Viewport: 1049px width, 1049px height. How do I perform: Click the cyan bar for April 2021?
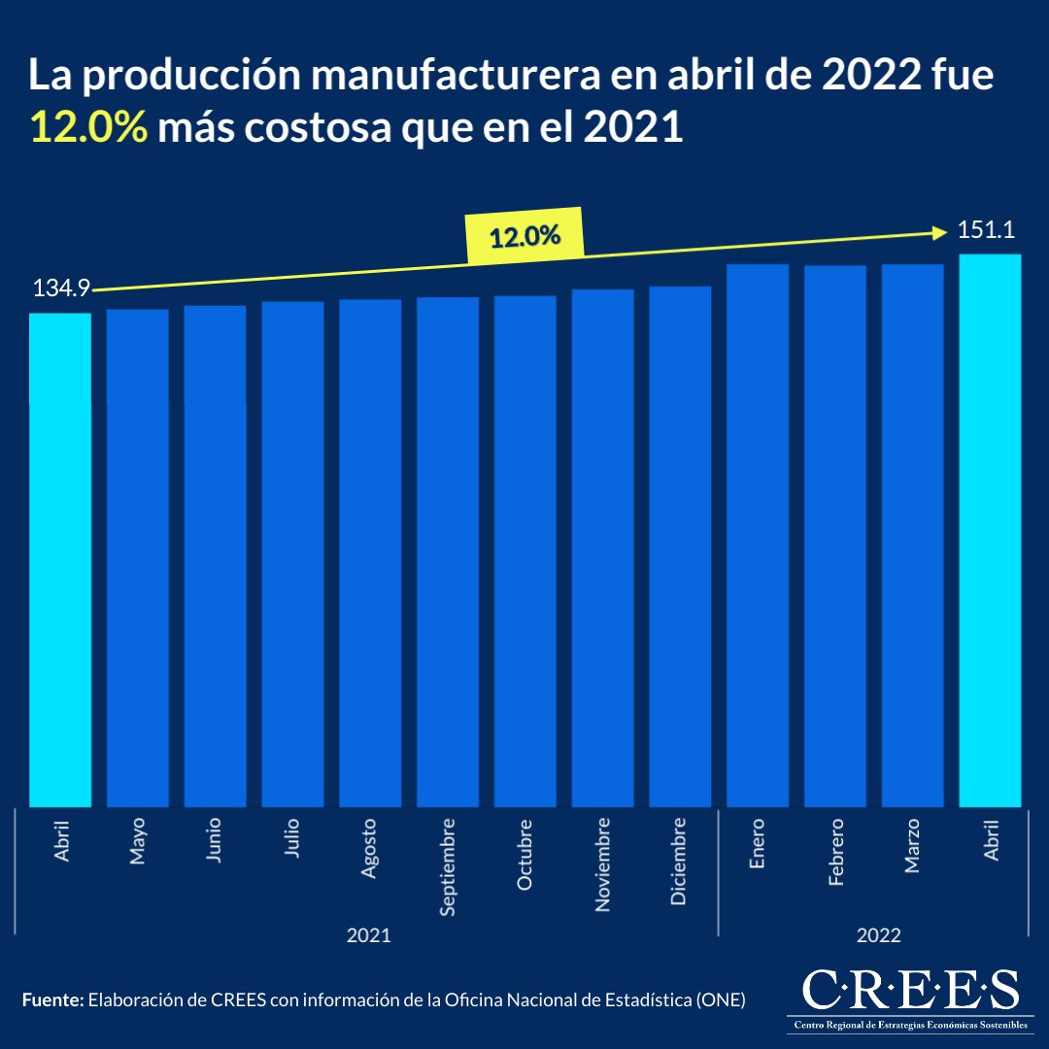[x=60, y=558]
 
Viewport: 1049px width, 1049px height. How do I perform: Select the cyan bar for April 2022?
[x=990, y=529]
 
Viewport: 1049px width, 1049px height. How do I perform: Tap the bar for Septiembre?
[x=448, y=551]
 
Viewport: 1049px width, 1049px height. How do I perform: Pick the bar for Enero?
[x=758, y=534]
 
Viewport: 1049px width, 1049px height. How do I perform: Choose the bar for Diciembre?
[x=680, y=546]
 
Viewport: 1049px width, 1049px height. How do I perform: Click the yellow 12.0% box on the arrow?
[x=524, y=237]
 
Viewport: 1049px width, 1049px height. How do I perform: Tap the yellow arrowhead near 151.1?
[x=939, y=231]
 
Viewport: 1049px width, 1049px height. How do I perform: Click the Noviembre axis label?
[x=602, y=864]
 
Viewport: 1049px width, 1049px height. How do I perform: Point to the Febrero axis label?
[x=835, y=852]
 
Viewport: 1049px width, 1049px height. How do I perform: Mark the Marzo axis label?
[x=912, y=846]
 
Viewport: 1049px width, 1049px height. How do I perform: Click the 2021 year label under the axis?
[x=369, y=936]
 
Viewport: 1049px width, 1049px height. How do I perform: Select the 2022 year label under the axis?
[x=878, y=936]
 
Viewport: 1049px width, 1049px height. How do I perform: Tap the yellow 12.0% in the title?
[x=88, y=128]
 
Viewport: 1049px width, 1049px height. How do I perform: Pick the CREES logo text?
[x=910, y=990]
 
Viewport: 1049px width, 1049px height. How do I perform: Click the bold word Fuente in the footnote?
[x=53, y=999]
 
